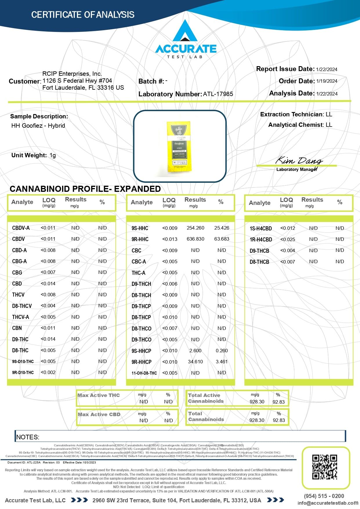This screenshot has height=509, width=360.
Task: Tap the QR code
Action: (325, 467)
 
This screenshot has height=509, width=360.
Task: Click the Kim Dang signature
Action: (299, 160)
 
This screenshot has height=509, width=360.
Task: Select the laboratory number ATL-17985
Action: (218, 94)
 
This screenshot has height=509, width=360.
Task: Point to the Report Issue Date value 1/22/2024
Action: (327, 69)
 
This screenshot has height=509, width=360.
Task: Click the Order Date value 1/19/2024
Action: (327, 81)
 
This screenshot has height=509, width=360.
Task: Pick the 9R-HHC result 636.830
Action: (195, 239)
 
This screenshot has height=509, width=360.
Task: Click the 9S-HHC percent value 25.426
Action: (222, 228)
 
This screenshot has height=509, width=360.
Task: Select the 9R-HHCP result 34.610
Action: (195, 362)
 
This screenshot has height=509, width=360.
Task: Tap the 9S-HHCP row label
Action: (141, 351)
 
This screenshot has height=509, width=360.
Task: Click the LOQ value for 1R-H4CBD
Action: (287, 239)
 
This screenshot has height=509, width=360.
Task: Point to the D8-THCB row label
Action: (259, 262)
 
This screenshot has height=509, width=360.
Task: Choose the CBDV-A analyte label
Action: (21, 228)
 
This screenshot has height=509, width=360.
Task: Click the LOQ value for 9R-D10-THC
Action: (48, 373)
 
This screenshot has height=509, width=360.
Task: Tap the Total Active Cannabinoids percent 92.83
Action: (278, 402)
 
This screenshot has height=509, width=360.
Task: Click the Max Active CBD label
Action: (99, 414)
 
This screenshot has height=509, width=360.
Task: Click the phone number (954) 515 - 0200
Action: (324, 496)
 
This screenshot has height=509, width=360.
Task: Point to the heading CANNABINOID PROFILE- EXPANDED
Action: (85, 189)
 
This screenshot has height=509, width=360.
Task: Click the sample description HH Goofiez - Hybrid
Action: (38, 126)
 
